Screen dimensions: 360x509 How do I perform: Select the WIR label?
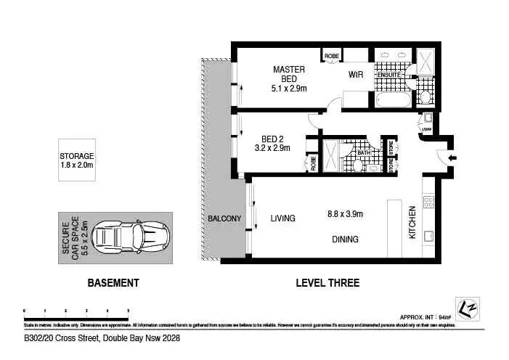pos(356,75)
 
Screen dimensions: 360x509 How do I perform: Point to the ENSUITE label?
pos(388,75)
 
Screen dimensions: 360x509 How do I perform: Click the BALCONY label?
pos(224,218)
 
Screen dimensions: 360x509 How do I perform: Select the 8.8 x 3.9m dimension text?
pos(346,213)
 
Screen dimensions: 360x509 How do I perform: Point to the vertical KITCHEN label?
pos(412,223)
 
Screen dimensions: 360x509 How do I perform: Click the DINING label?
pos(345,239)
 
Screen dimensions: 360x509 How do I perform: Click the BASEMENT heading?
pos(113,283)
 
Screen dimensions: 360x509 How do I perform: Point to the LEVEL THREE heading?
pos(327,283)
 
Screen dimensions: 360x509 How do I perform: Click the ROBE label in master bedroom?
pos(332,54)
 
